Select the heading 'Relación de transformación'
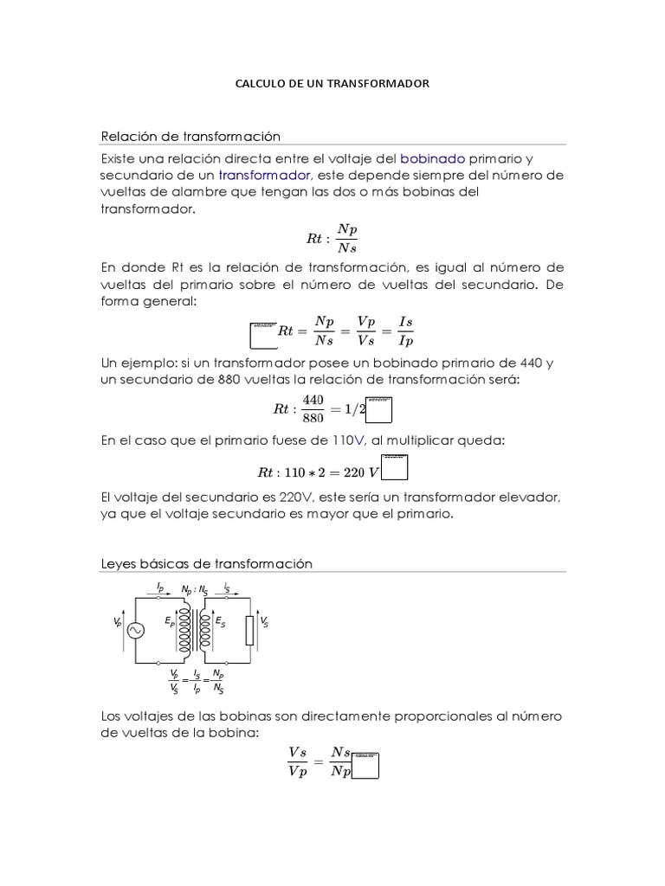(191, 136)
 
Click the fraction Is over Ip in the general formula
(404, 330)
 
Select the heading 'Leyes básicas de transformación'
(206, 563)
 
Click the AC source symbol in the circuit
(136, 632)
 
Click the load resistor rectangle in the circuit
(249, 631)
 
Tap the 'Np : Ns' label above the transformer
(195, 589)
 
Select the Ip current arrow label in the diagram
(160, 587)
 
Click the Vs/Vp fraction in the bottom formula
(297, 762)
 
